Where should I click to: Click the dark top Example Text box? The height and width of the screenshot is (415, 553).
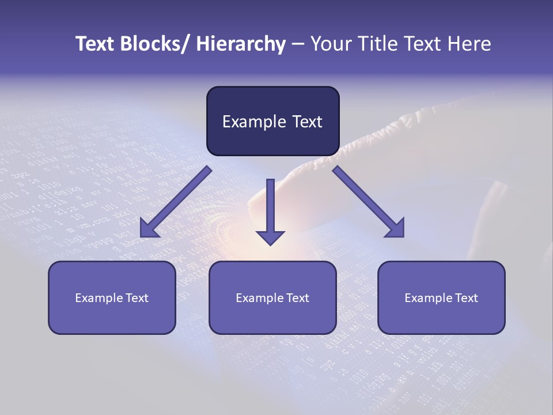click(x=272, y=121)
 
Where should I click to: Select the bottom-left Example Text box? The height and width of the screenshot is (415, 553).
click(x=112, y=297)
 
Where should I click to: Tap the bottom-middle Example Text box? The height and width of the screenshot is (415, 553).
click(x=272, y=297)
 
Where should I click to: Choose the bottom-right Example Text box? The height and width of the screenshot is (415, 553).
click(x=441, y=297)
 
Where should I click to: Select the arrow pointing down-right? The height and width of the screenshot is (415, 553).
click(x=369, y=202)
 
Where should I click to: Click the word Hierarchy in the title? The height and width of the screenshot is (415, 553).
click(x=241, y=44)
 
